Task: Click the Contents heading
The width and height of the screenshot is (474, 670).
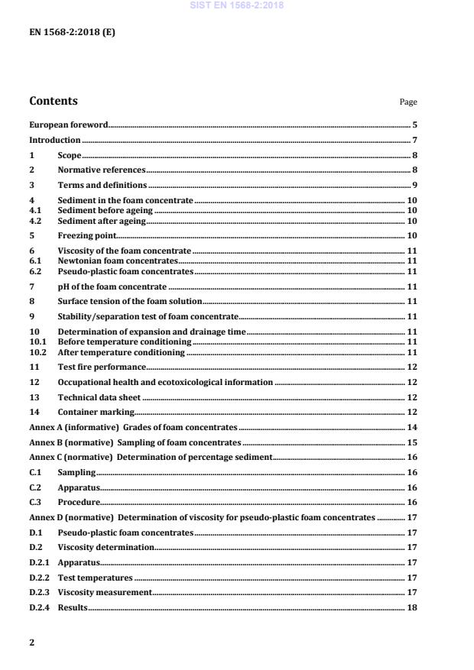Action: [x=53, y=101]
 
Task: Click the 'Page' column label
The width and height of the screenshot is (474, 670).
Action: [x=408, y=102]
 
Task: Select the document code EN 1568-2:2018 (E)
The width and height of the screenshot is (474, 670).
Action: [x=72, y=34]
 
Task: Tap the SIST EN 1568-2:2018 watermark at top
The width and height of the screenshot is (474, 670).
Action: [x=236, y=5]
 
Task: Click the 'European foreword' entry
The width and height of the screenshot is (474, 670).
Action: [x=68, y=124]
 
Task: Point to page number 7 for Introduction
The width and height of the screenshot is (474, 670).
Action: [x=414, y=140]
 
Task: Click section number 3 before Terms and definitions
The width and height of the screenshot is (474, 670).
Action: [x=31, y=185]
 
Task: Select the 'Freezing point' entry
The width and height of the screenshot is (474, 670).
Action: [x=86, y=235]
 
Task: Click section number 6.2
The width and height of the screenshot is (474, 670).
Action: [x=34, y=270]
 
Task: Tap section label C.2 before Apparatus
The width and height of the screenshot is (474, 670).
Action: [x=34, y=487]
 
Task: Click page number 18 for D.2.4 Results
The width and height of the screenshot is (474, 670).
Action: [x=411, y=607]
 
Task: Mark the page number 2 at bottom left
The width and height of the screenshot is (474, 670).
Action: [x=31, y=642]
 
